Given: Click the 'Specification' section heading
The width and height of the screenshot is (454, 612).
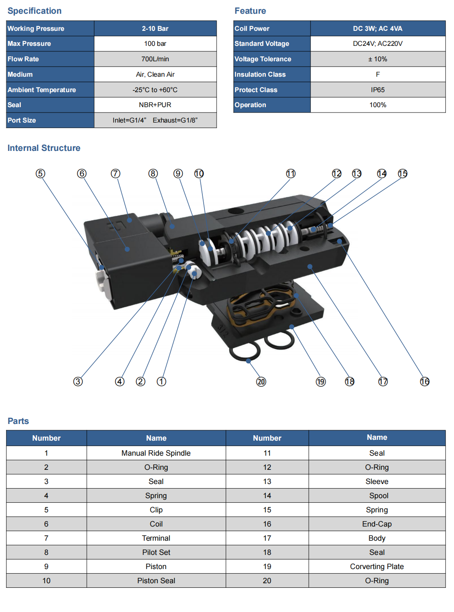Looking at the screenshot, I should [x=35, y=11].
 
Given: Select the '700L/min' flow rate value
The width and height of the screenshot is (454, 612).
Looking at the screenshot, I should [x=155, y=59].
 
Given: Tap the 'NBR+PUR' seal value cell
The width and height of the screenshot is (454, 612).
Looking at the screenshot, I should [x=155, y=105].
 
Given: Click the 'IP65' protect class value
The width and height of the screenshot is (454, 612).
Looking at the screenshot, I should [x=378, y=90].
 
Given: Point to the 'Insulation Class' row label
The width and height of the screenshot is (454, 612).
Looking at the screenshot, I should [x=260, y=75].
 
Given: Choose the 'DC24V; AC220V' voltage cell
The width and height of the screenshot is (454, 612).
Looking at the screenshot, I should [x=378, y=44].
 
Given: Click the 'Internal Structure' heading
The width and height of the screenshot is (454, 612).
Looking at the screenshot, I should [x=44, y=148].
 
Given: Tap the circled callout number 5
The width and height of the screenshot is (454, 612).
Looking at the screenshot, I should [x=40, y=173].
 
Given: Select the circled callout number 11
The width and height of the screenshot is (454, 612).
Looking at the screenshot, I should [x=291, y=173].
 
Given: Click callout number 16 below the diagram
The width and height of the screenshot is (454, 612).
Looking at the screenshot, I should [x=425, y=381].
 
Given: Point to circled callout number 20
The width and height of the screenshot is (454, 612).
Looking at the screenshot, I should [x=261, y=381].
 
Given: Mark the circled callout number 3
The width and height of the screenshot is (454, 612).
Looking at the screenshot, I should [x=78, y=381].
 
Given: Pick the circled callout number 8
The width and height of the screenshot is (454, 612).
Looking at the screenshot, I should [x=153, y=173].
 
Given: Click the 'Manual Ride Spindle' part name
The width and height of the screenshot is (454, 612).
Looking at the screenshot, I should [x=156, y=453].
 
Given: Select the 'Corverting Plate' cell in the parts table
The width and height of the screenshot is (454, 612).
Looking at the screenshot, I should [x=377, y=567].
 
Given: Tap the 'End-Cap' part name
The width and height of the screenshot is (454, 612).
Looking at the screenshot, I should [x=377, y=524].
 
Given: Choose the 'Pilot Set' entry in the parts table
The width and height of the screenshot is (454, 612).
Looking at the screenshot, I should [x=156, y=552].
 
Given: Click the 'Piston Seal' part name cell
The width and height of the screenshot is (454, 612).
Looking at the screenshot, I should [x=156, y=581].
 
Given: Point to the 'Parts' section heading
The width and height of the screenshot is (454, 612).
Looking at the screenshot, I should [x=18, y=421].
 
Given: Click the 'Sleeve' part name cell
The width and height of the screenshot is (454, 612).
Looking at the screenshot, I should [x=377, y=482].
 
